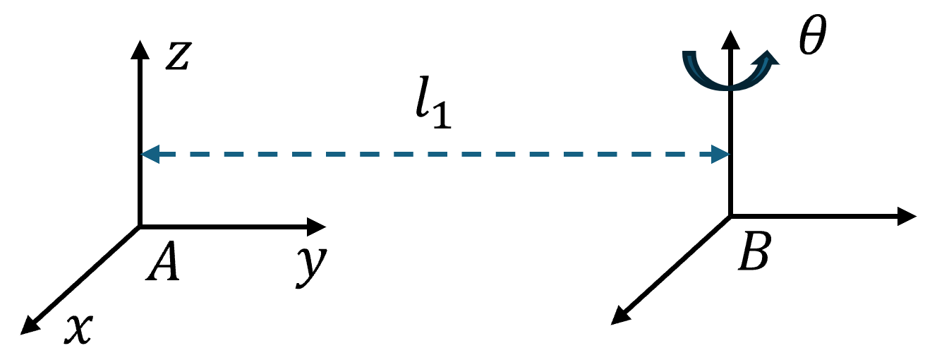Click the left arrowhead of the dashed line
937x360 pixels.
(x=150, y=154)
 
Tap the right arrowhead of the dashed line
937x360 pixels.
(x=720, y=154)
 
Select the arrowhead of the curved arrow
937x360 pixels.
(x=767, y=58)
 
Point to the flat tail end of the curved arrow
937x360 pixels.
(x=689, y=53)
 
